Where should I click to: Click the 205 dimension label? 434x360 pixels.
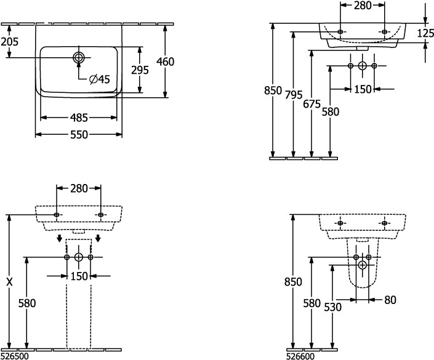9,42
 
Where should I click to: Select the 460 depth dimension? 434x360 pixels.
166,62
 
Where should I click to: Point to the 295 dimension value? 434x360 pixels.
140,70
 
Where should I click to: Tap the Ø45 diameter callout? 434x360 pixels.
99,79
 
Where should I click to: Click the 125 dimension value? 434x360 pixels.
425,33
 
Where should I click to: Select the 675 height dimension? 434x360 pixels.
312,105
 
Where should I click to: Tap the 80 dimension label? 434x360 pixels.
389,300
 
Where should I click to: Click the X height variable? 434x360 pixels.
9,282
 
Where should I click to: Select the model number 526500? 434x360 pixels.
14,355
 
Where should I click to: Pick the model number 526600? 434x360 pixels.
300,355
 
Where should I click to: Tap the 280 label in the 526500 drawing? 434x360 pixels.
79,188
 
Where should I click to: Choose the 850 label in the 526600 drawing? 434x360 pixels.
294,282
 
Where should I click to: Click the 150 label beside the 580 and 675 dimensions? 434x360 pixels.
363,89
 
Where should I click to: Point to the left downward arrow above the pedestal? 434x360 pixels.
58,238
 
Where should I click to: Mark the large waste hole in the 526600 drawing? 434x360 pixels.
362,265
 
